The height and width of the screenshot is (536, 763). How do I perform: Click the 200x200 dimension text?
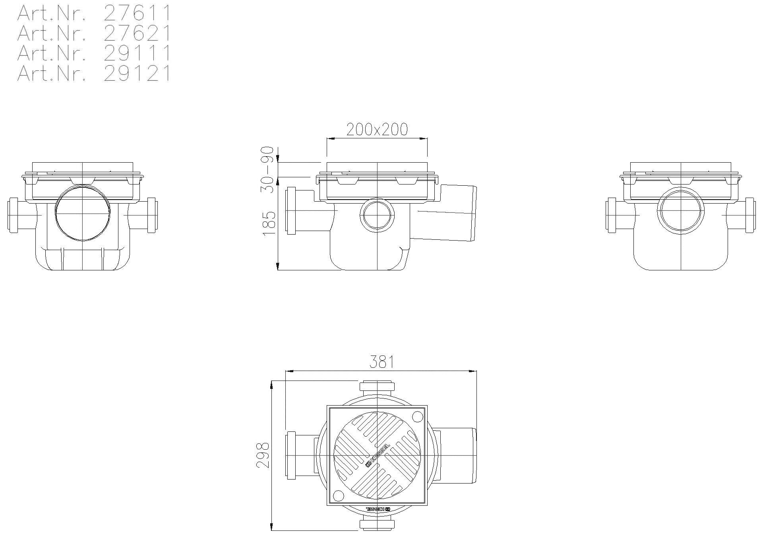coord(377,129)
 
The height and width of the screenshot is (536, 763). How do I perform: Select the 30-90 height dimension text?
coord(267,170)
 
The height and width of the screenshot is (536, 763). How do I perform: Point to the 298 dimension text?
coord(263,455)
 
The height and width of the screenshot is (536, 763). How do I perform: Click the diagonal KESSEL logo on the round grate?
coord(377,455)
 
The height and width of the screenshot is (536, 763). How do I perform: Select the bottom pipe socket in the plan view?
coord(377,524)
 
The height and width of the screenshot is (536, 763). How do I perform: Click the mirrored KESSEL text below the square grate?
coord(378,509)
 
